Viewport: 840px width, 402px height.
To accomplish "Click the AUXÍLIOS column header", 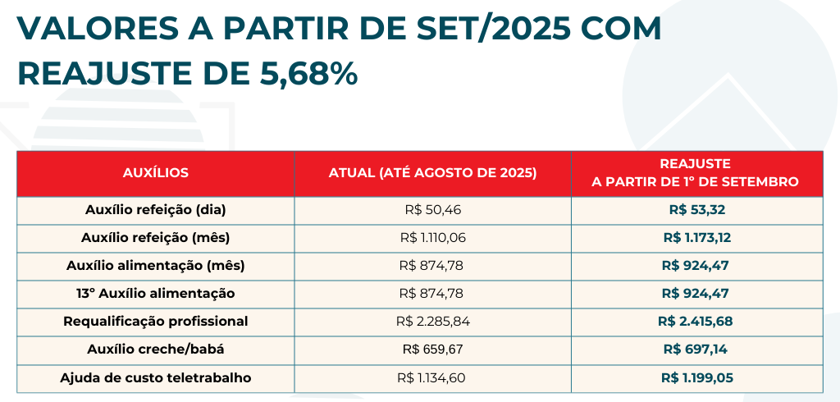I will click(x=156, y=173).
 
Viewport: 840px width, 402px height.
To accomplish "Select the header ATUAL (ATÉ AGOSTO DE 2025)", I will click(x=433, y=173).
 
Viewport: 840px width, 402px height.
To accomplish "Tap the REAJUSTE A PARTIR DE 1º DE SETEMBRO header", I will click(x=696, y=173).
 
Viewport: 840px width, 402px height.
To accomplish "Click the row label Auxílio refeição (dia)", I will click(x=156, y=210).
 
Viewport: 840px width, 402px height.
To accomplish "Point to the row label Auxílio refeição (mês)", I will click(x=156, y=238).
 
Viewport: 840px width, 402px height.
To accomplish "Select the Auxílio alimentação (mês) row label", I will click(x=156, y=266).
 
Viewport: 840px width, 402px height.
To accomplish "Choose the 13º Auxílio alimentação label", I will click(x=156, y=294).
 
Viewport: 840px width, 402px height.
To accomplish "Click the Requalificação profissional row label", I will click(x=156, y=322).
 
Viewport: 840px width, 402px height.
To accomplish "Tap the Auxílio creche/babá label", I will click(x=156, y=349).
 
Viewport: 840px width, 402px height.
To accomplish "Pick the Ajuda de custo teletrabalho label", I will click(x=156, y=378).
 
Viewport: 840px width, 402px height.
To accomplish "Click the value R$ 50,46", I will click(x=433, y=210).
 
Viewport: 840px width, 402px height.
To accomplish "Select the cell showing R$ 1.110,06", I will click(x=433, y=238).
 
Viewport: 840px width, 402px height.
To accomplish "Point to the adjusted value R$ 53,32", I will click(x=696, y=210).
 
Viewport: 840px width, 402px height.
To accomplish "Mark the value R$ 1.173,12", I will click(x=696, y=238).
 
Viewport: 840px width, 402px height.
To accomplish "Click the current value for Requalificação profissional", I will click(x=433, y=322).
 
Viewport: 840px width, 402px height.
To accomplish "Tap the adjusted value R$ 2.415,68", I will click(x=696, y=322).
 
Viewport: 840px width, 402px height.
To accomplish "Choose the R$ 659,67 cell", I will click(x=433, y=349).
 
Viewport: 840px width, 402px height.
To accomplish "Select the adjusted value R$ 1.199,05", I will click(x=696, y=378).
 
